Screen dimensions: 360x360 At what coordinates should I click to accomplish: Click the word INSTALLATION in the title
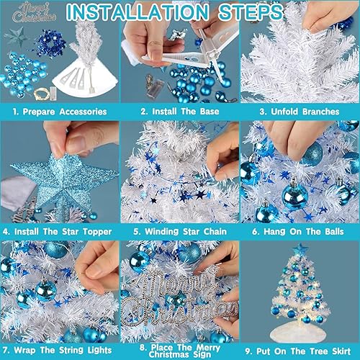(138, 12)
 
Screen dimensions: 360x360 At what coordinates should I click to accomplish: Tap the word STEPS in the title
(251, 12)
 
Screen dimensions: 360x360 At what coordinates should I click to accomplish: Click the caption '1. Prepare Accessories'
(60, 112)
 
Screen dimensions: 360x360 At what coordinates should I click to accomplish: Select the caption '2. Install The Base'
(180, 112)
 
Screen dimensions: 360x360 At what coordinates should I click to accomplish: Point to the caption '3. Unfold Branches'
(300, 112)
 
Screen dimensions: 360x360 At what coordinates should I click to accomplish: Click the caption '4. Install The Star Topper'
(58, 232)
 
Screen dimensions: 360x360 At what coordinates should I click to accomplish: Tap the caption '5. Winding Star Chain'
(180, 232)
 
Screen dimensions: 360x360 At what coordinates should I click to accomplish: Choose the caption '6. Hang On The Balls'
(298, 232)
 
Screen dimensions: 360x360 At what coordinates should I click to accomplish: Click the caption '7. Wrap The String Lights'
(58, 350)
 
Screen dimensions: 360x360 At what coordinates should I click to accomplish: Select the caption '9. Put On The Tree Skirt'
(298, 351)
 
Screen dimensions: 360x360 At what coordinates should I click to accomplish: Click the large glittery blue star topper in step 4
(63, 182)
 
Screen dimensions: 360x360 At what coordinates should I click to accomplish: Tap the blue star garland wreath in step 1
(51, 44)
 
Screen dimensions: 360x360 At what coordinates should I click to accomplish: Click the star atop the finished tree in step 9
(300, 250)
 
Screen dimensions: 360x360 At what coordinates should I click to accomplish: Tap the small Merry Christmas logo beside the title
(34, 12)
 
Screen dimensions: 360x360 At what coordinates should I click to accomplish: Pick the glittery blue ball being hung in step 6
(312, 153)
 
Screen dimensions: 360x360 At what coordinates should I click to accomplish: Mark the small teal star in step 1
(17, 37)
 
